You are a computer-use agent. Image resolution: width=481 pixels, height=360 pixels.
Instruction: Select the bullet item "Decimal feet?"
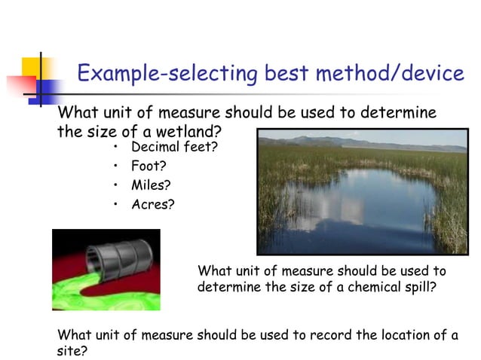174,147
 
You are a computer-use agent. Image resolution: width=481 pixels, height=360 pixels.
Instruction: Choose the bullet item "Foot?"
149,166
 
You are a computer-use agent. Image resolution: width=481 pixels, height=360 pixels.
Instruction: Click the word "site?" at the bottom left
72,351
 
